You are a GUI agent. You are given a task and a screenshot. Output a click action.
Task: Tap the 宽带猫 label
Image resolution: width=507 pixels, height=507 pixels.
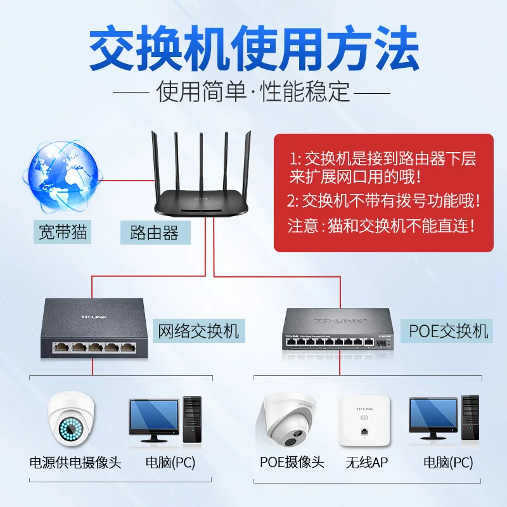[61, 233]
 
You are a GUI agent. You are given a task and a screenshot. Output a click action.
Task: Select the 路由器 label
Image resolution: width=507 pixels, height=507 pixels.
[154, 233]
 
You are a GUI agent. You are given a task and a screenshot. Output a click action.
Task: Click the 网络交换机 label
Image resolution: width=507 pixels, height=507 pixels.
[198, 330]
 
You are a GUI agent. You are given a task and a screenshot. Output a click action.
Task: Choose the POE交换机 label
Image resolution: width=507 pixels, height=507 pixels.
[448, 330]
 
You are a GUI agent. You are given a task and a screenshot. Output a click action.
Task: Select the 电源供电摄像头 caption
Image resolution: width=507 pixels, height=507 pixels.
[75, 463]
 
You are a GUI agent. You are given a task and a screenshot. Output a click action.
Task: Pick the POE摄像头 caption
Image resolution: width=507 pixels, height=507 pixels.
[292, 463]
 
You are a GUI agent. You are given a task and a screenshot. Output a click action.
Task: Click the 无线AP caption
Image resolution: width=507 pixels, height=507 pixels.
[366, 463]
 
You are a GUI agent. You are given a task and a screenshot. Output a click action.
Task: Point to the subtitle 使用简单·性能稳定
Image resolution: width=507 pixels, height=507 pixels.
[253, 92]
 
